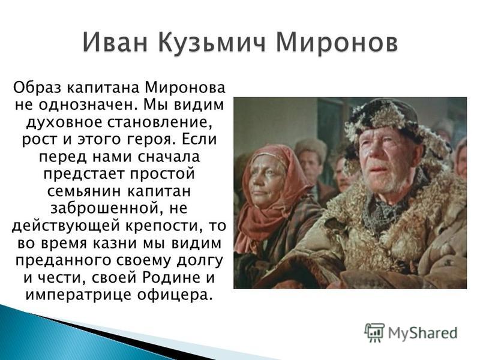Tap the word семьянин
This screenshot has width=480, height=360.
click(x=85, y=191)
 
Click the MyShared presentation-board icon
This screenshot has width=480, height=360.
click(x=374, y=333)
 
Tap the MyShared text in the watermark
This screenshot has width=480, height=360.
click(x=423, y=333)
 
